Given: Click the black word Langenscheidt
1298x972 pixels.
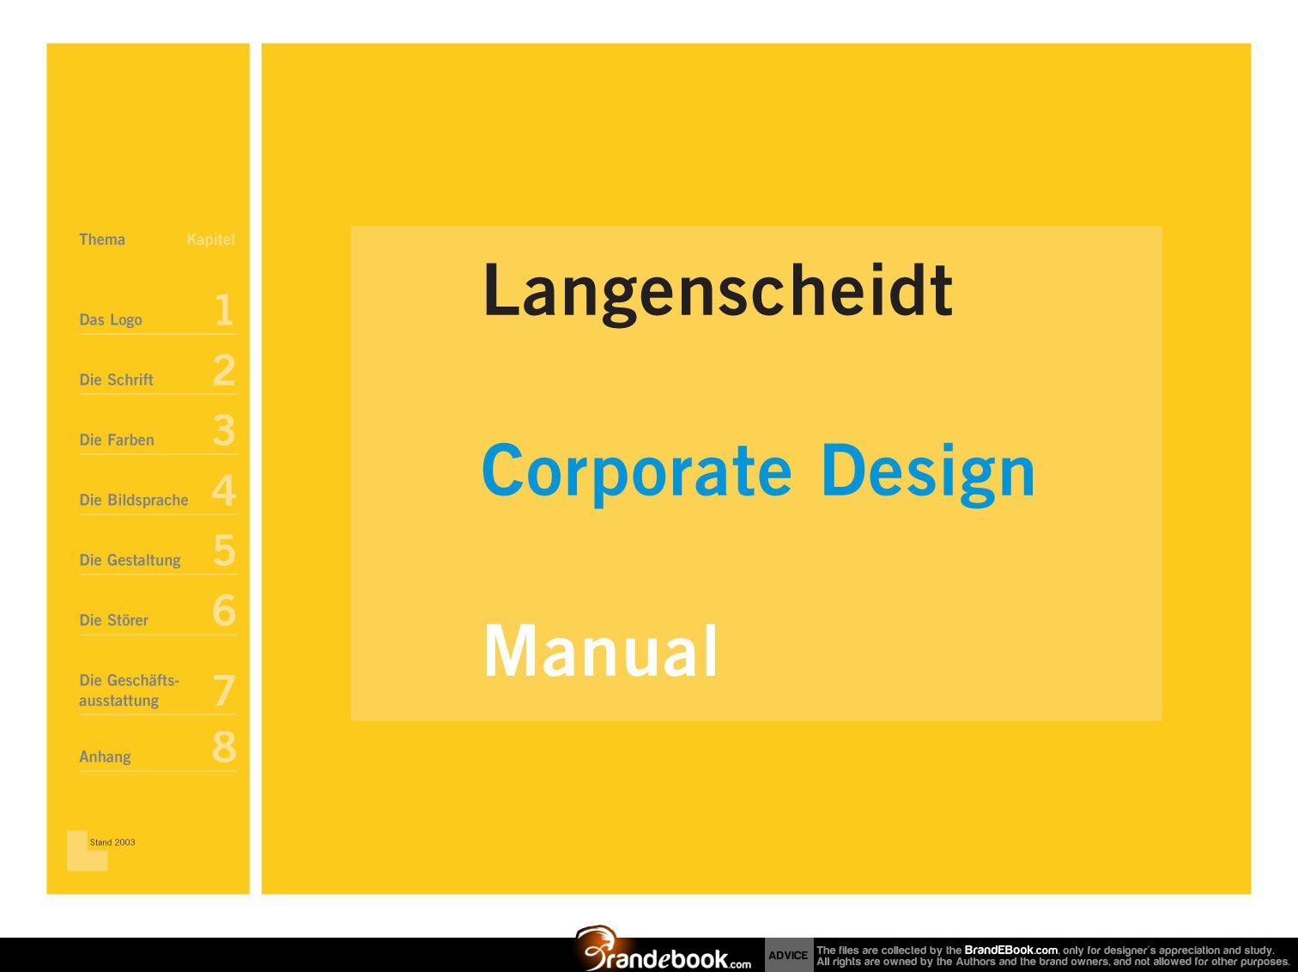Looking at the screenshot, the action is click(718, 294).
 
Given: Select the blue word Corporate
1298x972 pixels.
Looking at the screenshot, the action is click(636, 474).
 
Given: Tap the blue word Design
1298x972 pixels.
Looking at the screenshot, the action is click(928, 474).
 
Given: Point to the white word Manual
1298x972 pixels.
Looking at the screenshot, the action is click(601, 650).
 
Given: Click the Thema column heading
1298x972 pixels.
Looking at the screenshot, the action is click(102, 240).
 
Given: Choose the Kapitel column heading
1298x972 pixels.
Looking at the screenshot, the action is click(210, 240).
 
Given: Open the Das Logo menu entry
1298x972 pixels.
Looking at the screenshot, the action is click(111, 320).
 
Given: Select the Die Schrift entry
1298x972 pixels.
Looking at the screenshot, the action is click(117, 380).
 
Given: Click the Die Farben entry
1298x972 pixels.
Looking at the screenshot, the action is click(117, 440).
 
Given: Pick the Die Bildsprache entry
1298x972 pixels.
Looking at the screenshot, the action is click(134, 501).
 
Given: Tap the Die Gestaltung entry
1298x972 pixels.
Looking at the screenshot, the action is click(130, 560).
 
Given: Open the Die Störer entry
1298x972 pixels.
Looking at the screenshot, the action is click(113, 620).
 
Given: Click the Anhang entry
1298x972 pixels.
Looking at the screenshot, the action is click(106, 756).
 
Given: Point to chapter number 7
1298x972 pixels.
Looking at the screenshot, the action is click(224, 690).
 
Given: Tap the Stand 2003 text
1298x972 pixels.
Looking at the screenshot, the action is click(112, 842).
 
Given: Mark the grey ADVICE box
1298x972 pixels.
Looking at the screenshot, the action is click(789, 955).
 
